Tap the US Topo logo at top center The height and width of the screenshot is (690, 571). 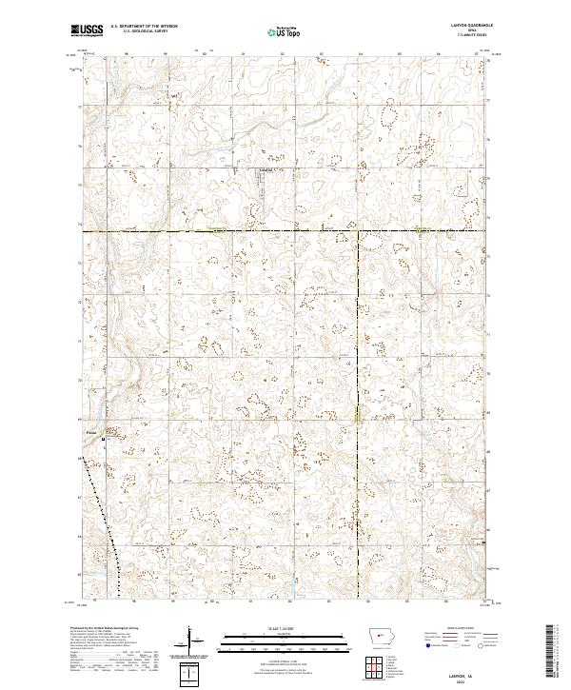[x=285, y=31]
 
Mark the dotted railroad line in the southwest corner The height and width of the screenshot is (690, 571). [x=103, y=514]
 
